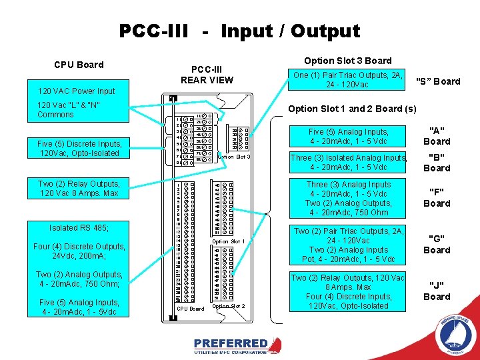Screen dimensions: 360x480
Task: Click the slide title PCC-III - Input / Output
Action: (239, 31)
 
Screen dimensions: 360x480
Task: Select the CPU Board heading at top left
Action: (79, 65)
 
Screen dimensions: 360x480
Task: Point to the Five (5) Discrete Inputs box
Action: (80, 148)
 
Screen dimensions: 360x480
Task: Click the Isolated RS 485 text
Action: (79, 228)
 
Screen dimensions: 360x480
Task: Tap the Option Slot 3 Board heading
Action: (348, 61)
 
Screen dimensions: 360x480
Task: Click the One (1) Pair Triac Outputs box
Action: (349, 80)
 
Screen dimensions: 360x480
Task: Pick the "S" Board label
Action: (438, 81)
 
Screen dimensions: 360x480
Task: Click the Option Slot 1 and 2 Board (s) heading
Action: (352, 109)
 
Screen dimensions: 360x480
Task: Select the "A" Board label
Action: (437, 136)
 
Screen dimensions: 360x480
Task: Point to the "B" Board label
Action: (437, 163)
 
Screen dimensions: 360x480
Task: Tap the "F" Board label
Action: (437, 199)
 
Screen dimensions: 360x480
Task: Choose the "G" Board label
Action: (437, 245)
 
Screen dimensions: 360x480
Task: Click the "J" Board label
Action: (437, 292)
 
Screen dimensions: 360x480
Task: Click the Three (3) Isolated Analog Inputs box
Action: (348, 162)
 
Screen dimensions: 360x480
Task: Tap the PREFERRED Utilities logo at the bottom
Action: (237, 345)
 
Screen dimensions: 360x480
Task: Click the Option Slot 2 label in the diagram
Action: (229, 306)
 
